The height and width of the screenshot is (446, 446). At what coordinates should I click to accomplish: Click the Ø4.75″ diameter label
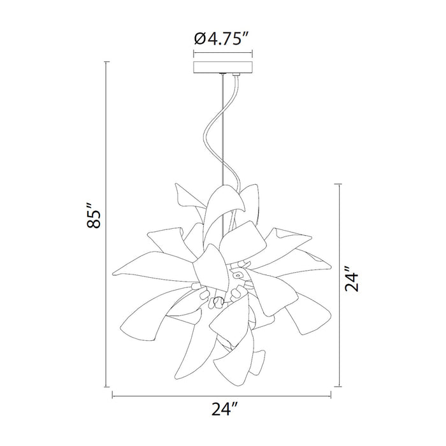[x=222, y=39]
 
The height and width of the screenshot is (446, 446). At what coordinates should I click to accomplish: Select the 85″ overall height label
[x=94, y=215]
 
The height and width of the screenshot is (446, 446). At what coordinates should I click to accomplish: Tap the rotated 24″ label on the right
[x=352, y=279]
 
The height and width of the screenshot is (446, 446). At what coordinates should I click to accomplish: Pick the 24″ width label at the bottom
[x=224, y=409]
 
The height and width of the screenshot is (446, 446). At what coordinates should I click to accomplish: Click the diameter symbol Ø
[x=200, y=40]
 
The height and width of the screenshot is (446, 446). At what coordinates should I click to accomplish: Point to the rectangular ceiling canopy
[x=223, y=67]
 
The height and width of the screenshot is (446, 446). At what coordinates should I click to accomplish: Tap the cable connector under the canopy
[x=236, y=75]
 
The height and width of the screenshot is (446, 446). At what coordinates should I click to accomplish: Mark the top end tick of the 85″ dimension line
[x=106, y=62]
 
